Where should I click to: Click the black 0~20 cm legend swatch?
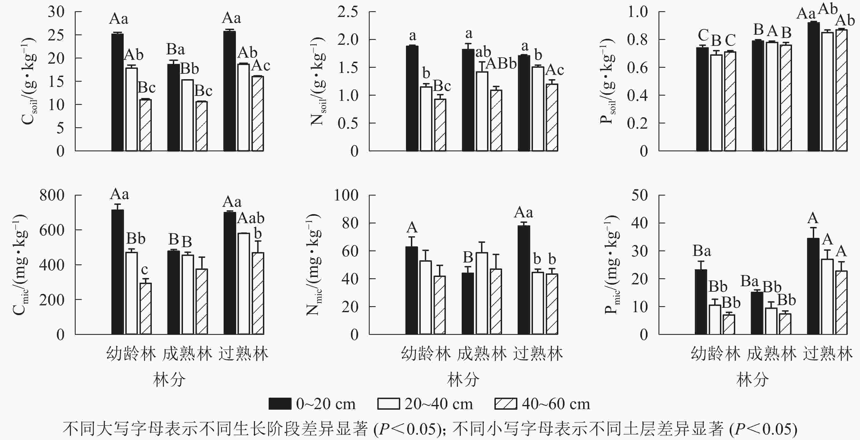coord(280,404)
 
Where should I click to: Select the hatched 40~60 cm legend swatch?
coord(505,404)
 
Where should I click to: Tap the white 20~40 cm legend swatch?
coord(388,404)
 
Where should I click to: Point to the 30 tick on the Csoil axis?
coord(56,12)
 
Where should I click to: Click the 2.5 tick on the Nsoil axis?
coord(348,12)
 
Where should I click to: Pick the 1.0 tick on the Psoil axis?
coord(638,12)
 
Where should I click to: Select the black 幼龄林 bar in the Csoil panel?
coord(117,92)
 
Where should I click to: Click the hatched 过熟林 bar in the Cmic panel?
coord(258,293)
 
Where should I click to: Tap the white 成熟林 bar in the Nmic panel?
coord(482,293)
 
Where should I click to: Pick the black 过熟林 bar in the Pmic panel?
coord(813,286)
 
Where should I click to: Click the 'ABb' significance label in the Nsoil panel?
coord(501,63)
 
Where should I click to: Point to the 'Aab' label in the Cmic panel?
coord(251,218)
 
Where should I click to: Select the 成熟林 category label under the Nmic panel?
coord(482,354)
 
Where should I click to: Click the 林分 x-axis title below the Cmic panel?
coord(169,380)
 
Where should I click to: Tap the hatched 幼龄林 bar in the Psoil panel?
coord(730,101)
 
